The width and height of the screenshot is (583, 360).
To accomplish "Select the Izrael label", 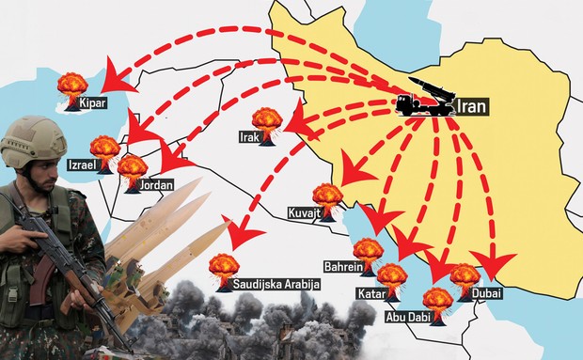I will (85, 164).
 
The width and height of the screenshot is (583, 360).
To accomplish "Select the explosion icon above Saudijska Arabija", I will (223, 266).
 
